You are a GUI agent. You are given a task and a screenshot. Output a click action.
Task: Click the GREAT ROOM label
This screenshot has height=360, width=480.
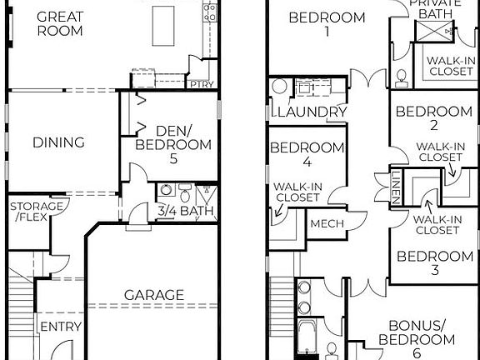pyautogui.click(x=60, y=23)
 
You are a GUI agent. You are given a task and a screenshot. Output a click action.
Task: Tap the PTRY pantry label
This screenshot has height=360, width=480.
pyautogui.click(x=201, y=85)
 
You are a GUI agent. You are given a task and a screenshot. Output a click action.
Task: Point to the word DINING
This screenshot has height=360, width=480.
pyautogui.click(x=58, y=142)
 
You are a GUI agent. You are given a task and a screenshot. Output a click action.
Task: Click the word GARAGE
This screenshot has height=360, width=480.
pyautogui.click(x=153, y=295)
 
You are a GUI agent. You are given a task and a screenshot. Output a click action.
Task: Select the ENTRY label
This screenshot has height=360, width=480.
pyautogui.click(x=59, y=326)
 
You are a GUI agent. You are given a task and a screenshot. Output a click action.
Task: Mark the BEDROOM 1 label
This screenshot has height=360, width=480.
pyautogui.click(x=327, y=24)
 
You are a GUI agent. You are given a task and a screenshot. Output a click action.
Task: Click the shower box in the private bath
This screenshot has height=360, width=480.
pyautogui.click(x=433, y=31)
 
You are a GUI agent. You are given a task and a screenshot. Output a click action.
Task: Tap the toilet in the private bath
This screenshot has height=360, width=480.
pyautogui.click(x=402, y=77)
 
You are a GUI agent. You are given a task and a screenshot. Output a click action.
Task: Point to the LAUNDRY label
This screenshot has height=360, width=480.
pyautogui.click(x=311, y=112)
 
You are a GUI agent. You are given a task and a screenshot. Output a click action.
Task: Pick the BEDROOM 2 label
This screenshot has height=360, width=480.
pyautogui.click(x=433, y=119)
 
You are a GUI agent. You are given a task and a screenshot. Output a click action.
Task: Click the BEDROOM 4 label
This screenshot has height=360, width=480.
pyautogui.click(x=307, y=155)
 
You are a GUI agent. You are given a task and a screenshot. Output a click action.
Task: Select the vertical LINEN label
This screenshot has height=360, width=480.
pyautogui.click(x=397, y=186)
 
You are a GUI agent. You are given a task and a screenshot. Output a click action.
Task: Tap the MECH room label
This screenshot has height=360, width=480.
pyautogui.click(x=327, y=224)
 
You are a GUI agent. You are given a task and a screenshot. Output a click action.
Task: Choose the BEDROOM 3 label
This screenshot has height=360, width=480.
pyautogui.click(x=433, y=263)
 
